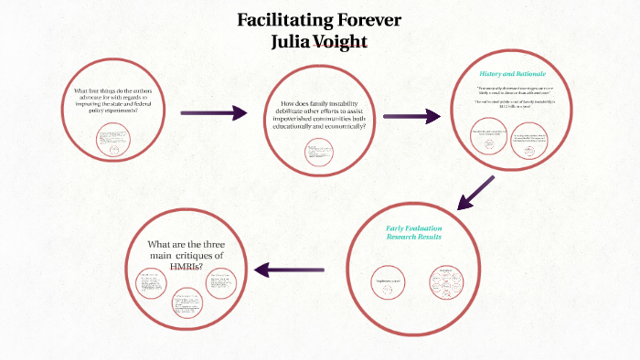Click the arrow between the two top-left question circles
tap(214, 113)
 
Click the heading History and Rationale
tap(513, 73)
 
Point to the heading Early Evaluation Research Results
tap(413, 231)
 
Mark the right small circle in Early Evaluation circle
tap(446, 281)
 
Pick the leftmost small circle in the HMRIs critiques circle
tap(150, 284)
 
